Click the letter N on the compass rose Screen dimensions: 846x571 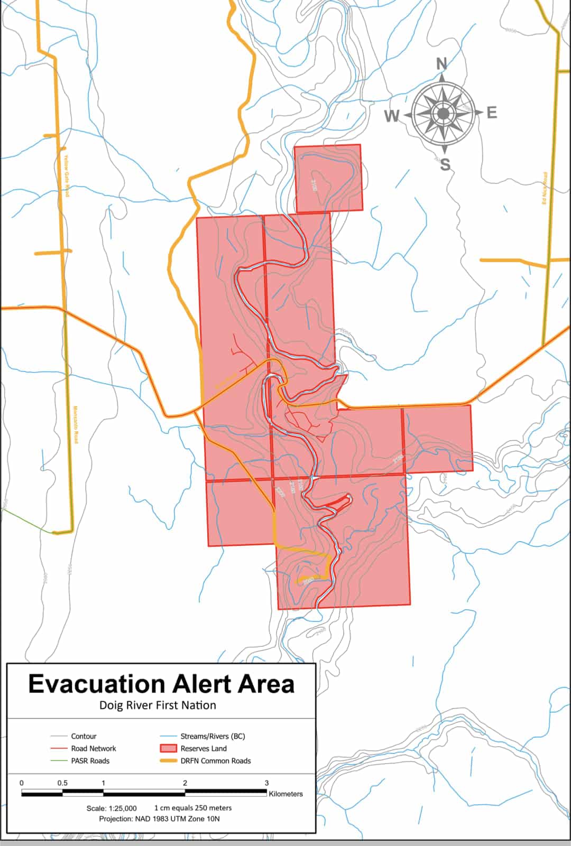[x=441, y=64]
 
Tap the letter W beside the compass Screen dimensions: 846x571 [x=392, y=116]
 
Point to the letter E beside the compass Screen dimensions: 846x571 [x=492, y=113]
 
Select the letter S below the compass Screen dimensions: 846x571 [x=445, y=165]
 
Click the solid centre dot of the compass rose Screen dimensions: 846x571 [x=443, y=113]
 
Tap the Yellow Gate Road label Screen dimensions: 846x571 [x=67, y=176]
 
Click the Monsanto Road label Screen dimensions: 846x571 [x=76, y=424]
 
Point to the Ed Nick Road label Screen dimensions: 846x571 [x=544, y=188]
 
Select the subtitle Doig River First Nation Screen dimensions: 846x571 [x=158, y=705]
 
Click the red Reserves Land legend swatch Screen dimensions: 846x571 [x=168, y=748]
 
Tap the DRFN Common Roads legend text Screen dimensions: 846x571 [x=216, y=761]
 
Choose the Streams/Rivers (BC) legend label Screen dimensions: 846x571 [x=213, y=736]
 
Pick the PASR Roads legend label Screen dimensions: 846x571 [x=90, y=761]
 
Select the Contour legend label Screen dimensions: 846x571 [x=84, y=736]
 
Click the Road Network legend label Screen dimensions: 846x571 [x=94, y=748]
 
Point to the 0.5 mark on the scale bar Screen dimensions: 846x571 [x=62, y=783]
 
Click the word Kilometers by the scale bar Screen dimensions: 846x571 [x=285, y=794]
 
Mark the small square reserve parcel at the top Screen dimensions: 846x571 [x=328, y=178]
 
